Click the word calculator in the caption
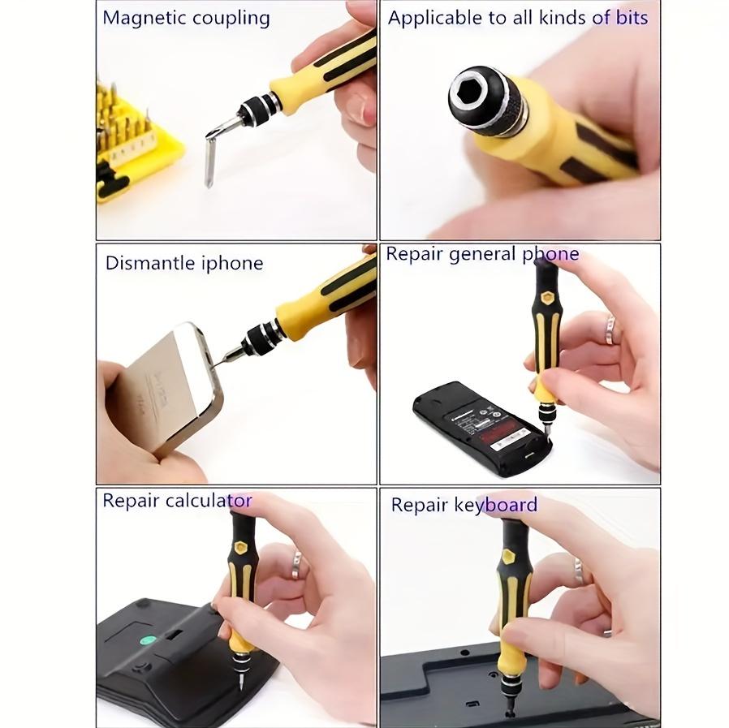point(209,500)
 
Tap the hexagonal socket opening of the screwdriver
point(473,97)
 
